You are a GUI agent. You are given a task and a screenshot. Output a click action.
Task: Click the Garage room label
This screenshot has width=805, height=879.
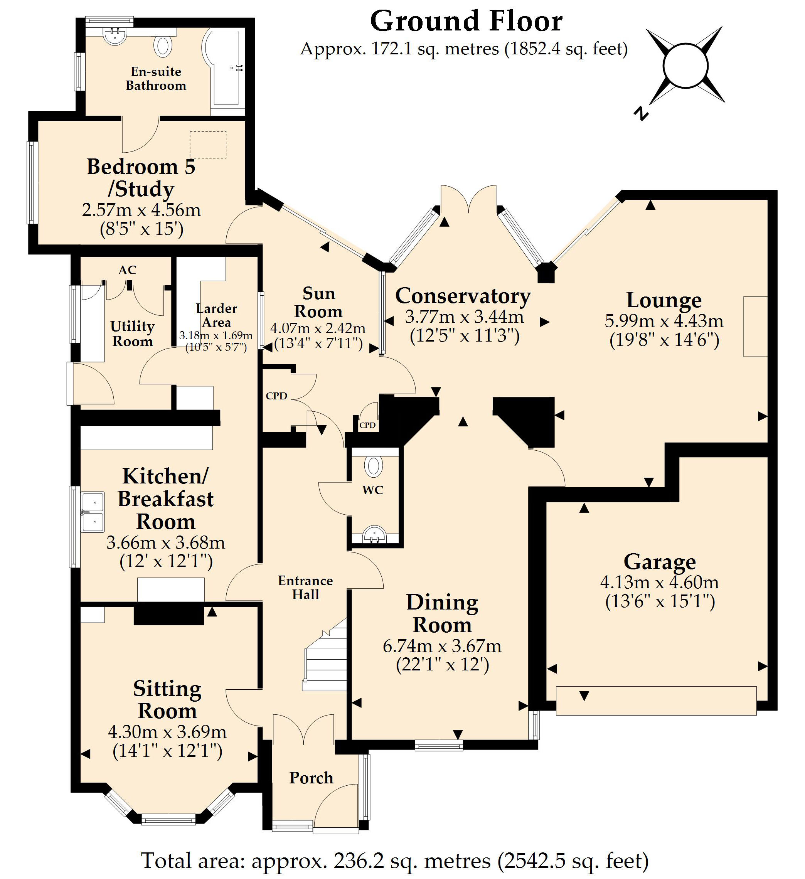click(659, 562)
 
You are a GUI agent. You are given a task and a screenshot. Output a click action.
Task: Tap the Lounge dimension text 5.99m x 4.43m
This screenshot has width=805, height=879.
click(664, 321)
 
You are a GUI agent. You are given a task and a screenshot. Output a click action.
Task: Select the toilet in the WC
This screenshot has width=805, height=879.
click(373, 466)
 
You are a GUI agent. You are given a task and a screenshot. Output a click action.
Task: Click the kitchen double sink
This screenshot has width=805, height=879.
click(93, 512)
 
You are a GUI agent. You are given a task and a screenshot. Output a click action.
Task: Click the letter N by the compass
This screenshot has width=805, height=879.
click(641, 113)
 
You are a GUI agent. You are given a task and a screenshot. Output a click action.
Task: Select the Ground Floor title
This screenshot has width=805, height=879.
click(466, 21)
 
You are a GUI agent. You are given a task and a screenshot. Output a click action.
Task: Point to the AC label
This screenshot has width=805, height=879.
click(127, 270)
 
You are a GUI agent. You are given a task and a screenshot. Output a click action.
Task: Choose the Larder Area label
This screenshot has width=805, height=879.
click(216, 315)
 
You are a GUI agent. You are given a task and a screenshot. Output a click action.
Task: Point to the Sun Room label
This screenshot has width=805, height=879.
click(318, 302)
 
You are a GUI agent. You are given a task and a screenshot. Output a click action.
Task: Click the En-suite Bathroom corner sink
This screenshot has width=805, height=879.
click(116, 37)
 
